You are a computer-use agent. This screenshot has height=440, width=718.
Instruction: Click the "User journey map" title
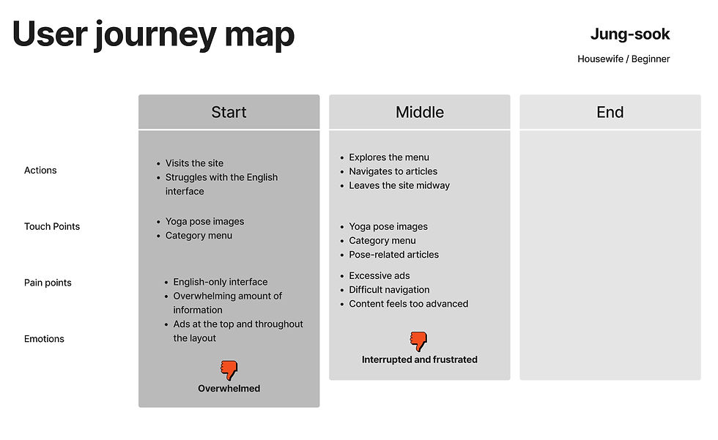tap(153, 34)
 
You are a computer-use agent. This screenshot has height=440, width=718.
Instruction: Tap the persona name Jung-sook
tap(629, 34)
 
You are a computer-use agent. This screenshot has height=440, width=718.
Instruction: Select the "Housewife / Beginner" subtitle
tap(623, 59)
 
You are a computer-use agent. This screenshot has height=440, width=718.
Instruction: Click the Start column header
tap(229, 112)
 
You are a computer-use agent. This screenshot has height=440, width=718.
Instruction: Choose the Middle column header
tap(419, 112)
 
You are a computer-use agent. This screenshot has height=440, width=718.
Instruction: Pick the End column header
tap(610, 112)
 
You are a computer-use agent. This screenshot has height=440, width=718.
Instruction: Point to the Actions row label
tap(40, 170)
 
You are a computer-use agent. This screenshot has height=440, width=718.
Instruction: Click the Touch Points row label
tap(52, 226)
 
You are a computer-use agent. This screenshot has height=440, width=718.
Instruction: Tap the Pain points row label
tap(48, 283)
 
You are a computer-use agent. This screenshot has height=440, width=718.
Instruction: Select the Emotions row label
tap(44, 339)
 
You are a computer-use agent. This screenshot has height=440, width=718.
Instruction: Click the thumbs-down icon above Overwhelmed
tap(229, 370)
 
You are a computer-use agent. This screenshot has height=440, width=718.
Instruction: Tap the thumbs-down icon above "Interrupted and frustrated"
tap(418, 341)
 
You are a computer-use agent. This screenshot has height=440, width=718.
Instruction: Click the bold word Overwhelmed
tap(229, 388)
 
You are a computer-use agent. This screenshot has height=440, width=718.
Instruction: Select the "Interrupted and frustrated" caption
tap(419, 359)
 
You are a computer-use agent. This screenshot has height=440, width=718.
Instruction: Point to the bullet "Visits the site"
tap(194, 163)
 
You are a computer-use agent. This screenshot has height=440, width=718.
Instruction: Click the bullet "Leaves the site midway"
tap(399, 185)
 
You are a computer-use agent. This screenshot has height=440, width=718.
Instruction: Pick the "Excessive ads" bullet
tap(380, 276)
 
